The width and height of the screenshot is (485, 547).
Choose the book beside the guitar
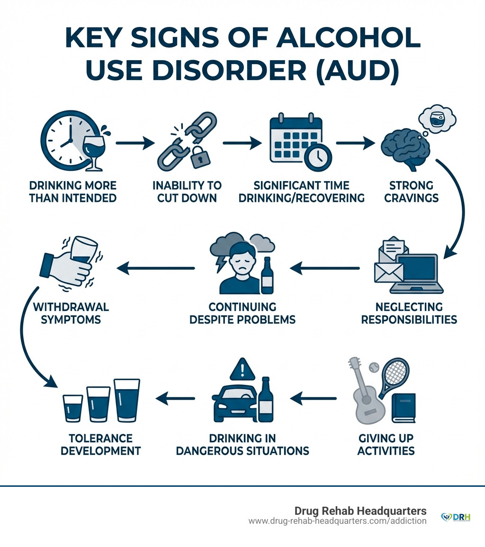403,409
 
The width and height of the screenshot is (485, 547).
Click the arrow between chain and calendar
242,142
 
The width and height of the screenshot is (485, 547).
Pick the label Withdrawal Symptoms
71,313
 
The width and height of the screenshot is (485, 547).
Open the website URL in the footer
337,521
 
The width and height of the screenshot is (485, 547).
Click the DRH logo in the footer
455,517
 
